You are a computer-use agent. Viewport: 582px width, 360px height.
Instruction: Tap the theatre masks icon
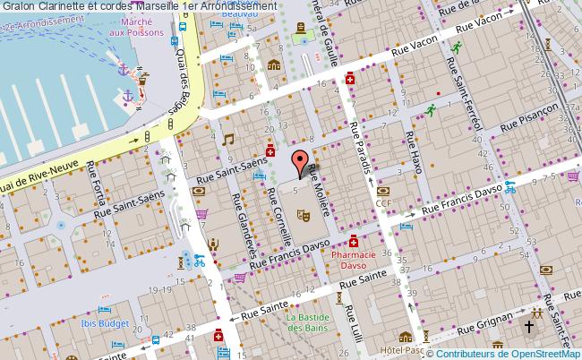304,215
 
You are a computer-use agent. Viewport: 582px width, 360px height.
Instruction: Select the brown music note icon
227,140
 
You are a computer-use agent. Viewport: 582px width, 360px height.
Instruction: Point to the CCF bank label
385,204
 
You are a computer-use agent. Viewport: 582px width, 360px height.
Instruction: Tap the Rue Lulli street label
352,321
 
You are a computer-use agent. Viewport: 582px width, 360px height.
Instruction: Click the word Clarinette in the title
66,7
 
